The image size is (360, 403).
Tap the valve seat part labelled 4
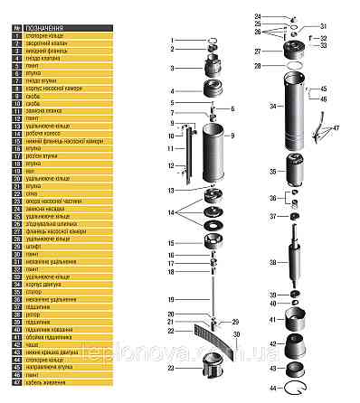coord(214,92)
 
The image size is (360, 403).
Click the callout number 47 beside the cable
coord(336,128)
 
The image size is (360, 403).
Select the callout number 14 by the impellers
coord(169,211)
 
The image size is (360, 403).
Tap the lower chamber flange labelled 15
coord(214,242)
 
